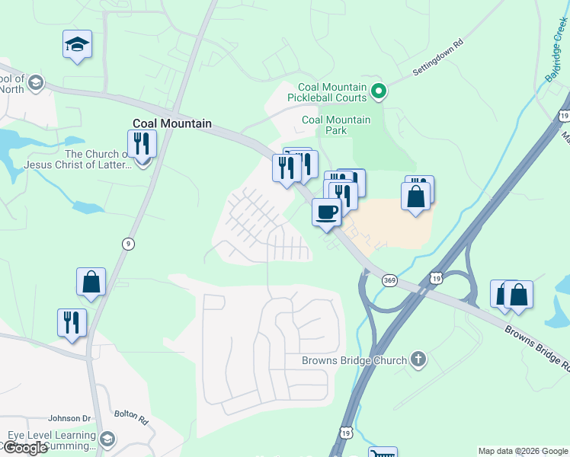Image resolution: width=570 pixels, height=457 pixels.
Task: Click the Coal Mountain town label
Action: click(x=171, y=123)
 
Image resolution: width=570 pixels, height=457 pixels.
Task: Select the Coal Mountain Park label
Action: click(x=336, y=125)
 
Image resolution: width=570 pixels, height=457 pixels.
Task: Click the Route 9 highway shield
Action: click(x=128, y=243)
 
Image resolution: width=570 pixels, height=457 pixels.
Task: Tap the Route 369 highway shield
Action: click(x=389, y=280)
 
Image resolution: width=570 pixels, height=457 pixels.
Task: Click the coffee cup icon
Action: click(x=326, y=212)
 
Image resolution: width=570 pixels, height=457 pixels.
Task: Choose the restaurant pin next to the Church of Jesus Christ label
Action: click(x=142, y=143)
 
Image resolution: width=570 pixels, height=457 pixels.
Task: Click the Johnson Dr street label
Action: click(x=69, y=418)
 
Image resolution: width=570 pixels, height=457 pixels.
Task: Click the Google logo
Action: click(x=25, y=448)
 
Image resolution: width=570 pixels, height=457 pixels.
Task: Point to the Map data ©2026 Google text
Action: click(x=522, y=451)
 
